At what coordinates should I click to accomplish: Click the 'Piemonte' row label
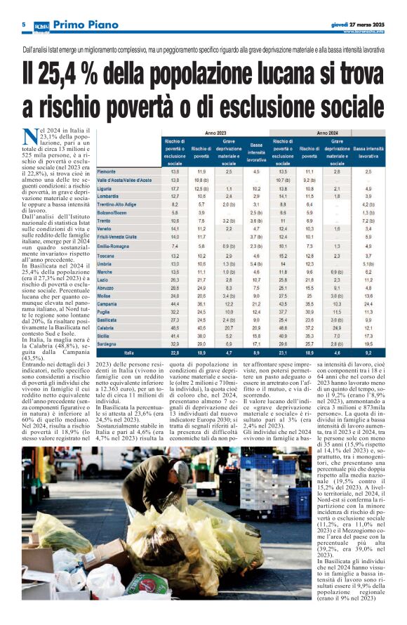107,171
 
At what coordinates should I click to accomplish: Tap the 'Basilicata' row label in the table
108,320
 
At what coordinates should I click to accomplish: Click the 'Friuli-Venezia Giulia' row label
117,237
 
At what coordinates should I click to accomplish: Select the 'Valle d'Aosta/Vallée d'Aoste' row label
124,180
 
